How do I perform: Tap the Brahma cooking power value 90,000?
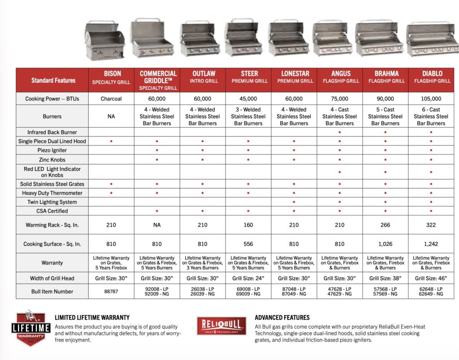click(385, 99)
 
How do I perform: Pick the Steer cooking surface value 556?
click(248, 244)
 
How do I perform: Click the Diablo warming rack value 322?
click(431, 225)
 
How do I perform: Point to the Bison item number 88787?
click(111, 291)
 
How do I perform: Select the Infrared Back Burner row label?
click(52, 132)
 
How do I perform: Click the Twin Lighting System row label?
click(52, 202)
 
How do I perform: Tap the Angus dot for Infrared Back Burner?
click(340, 133)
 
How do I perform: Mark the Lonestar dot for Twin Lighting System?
click(294, 202)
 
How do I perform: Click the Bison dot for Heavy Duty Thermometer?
click(111, 193)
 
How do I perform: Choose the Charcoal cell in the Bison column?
click(111, 99)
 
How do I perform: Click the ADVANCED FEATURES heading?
click(282, 317)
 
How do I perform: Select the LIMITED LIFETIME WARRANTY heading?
click(92, 317)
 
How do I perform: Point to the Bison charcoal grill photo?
click(104, 42)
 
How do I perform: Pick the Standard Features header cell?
click(53, 81)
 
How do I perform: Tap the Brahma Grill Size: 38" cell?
click(385, 278)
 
